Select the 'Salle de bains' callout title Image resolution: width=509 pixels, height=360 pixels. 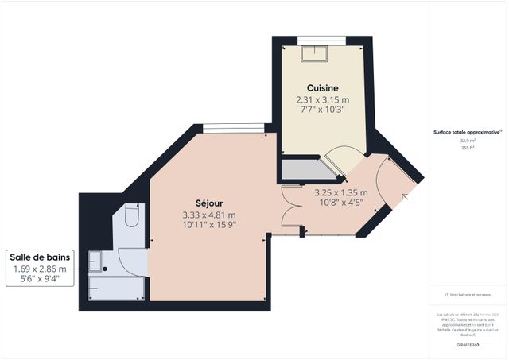point(40,257)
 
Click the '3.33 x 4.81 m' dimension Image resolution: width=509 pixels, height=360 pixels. point(208,215)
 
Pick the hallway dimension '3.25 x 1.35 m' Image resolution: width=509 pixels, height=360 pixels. point(340,192)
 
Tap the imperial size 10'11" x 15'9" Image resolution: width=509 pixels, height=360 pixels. point(208,225)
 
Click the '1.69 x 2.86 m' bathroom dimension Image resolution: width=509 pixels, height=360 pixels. point(40,269)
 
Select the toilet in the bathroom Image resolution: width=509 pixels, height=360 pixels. point(133,217)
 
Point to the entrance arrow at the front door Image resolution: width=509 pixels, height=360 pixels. point(409,195)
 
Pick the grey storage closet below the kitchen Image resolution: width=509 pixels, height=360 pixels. point(302,169)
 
